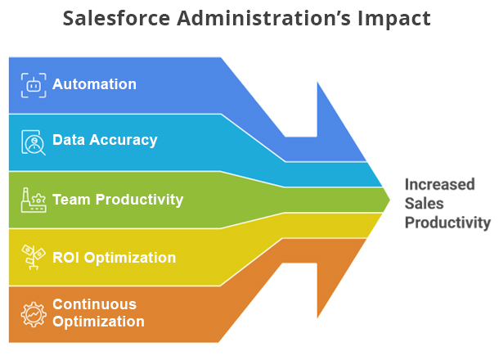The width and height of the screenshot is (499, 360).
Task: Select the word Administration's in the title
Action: point(249,19)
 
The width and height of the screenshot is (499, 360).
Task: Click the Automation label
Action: point(94,84)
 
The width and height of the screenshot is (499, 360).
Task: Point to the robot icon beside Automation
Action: point(33,84)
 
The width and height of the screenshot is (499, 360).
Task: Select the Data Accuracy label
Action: point(105,140)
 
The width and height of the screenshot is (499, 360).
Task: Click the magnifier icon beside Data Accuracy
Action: point(33,142)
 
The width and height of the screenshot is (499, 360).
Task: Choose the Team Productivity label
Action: point(118,200)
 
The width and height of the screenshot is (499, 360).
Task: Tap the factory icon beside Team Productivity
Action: point(33,200)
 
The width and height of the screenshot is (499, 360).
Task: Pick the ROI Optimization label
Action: point(114,258)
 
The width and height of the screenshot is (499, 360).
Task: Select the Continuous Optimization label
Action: point(98,313)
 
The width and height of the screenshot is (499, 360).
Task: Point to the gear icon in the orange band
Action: point(33,313)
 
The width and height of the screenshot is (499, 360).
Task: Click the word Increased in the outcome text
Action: point(439,184)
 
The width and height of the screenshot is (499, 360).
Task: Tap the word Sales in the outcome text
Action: point(423,203)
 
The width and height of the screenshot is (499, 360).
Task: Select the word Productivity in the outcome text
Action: point(447,222)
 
